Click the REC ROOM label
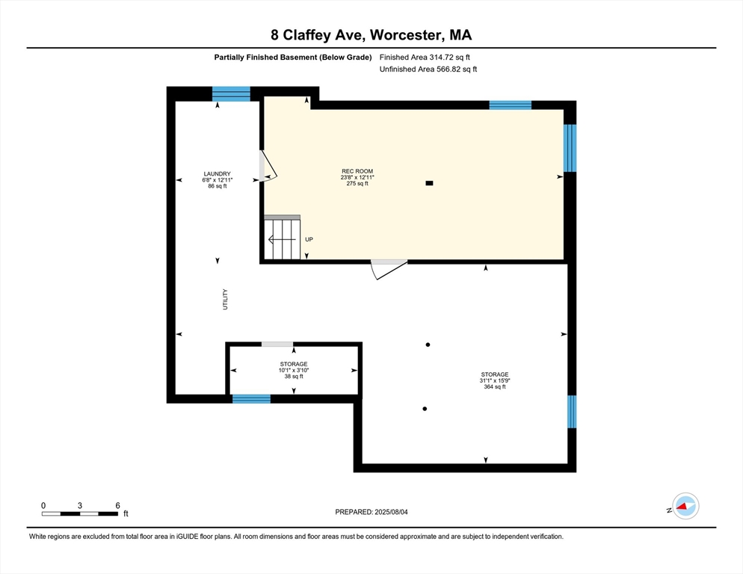[x=357, y=171]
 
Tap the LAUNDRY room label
[x=217, y=174]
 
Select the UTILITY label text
[x=225, y=300]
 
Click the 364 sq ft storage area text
[x=495, y=386]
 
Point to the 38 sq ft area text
[x=294, y=377]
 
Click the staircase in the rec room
[x=282, y=238]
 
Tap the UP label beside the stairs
[x=309, y=239]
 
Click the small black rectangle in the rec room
[x=429, y=183]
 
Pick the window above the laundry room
[x=231, y=94]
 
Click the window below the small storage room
[x=252, y=398]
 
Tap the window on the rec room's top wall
[x=511, y=105]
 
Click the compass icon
[x=685, y=506]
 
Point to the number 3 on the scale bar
[x=79, y=505]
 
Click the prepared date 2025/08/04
[x=392, y=512]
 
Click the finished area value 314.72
[x=440, y=58]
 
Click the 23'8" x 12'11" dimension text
[x=357, y=177]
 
